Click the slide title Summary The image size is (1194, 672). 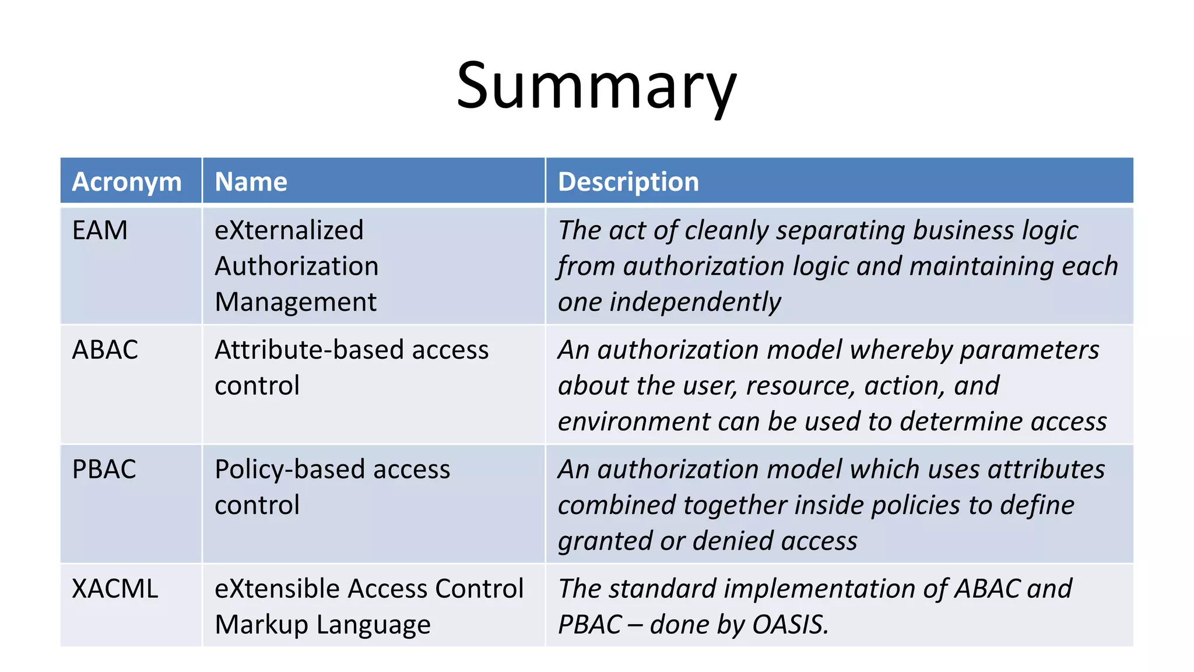coord(596,86)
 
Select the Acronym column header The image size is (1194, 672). coord(127,181)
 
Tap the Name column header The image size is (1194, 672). coord(251,181)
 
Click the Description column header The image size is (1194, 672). coord(628,181)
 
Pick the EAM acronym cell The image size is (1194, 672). coord(100,230)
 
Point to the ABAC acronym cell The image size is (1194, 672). coord(105,350)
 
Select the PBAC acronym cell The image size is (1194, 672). coord(104,470)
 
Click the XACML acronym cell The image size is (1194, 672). coord(115,589)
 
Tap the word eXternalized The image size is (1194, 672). coord(289,230)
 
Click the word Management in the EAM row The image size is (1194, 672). coord(295,302)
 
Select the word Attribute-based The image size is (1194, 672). coord(309,350)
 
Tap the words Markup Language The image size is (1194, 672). coord(322,625)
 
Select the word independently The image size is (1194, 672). coord(695,302)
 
